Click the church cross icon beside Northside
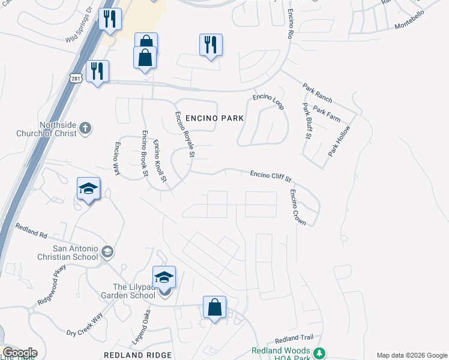click(x=85, y=127)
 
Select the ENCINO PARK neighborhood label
click(x=215, y=118)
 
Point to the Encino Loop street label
click(x=268, y=100)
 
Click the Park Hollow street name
click(x=339, y=142)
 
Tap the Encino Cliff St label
click(x=270, y=176)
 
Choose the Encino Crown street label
click(x=298, y=208)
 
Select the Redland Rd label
click(x=31, y=231)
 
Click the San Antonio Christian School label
click(x=67, y=253)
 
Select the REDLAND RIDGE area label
click(x=137, y=355)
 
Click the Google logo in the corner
click(x=20, y=353)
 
